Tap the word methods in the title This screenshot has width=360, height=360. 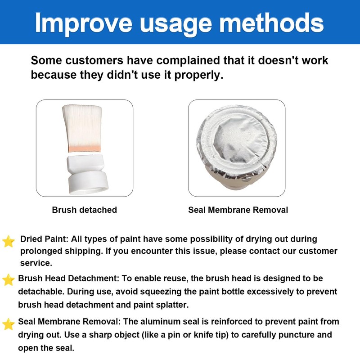tap(272, 23)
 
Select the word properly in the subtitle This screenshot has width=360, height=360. tap(198, 75)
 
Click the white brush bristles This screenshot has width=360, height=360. tap(82, 125)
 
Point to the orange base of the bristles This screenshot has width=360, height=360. tap(85, 148)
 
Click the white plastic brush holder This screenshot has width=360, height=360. tap(87, 175)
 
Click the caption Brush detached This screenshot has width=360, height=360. tap(85, 210)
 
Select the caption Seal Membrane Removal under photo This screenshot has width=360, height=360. tap(238, 210)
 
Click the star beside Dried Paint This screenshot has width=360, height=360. tap(9, 242)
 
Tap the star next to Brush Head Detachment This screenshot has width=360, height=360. tap(9, 280)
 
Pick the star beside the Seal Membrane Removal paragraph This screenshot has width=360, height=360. tap(9, 324)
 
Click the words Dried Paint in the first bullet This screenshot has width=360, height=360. tap(44, 239)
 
